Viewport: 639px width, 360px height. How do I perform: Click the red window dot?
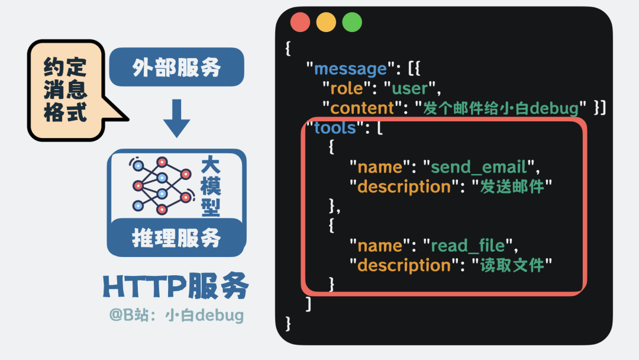coord(300,22)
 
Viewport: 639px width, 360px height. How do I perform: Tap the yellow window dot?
coord(326,22)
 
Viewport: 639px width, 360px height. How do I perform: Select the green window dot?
coord(352,22)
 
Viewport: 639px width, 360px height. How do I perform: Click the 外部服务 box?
coord(176,67)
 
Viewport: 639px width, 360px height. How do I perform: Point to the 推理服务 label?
coord(176,238)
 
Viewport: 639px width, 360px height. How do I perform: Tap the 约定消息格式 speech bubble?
coord(66,89)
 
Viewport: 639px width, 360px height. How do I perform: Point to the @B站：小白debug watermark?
coord(176,315)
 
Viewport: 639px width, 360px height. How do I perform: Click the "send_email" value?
coord(480,166)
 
